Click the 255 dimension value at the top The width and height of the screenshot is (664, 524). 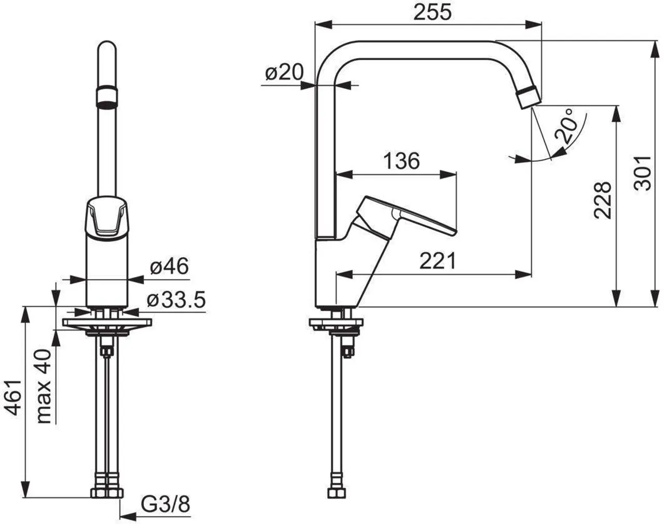[x=432, y=12]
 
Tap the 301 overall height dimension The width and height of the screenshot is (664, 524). [x=642, y=173]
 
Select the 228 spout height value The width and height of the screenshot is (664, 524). [x=602, y=201]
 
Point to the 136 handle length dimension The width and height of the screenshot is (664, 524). [x=401, y=161]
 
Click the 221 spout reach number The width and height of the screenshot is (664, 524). [x=438, y=261]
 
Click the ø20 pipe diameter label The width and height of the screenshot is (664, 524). [x=284, y=73]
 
